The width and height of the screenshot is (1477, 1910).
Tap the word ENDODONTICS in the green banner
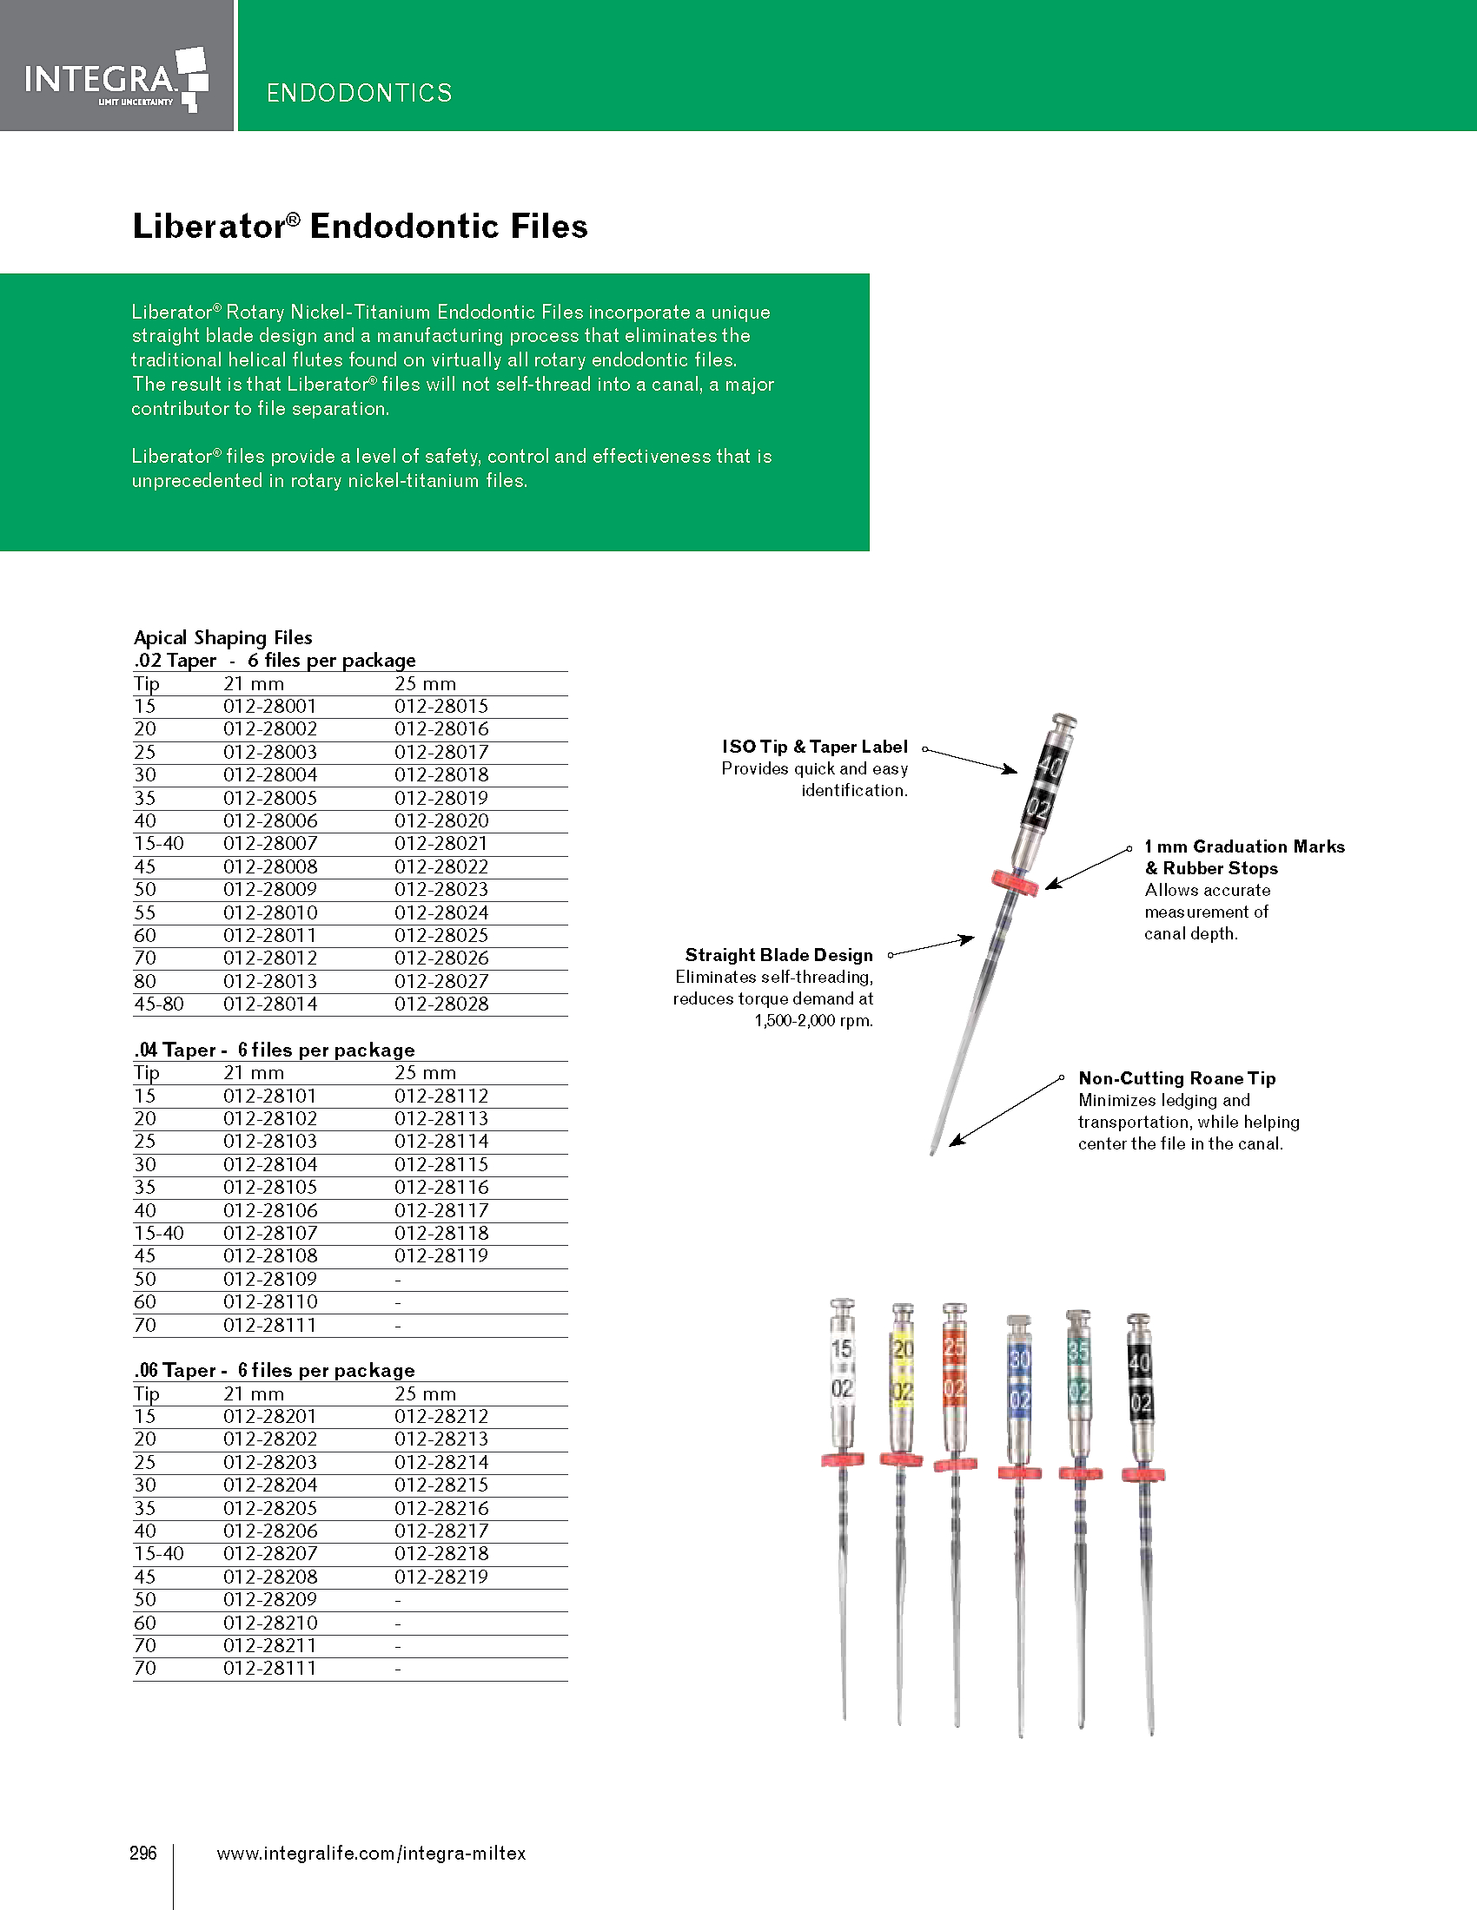pos(359,93)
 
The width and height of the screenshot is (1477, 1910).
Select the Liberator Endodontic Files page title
pos(360,227)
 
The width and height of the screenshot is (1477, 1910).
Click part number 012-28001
pos(269,706)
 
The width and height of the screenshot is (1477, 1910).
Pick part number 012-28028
pos(441,1004)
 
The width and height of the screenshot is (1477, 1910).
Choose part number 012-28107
pos(269,1233)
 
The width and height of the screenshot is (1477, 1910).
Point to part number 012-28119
pos(441,1256)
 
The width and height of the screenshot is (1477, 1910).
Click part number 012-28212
pos(441,1416)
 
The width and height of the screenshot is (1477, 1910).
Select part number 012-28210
pos(269,1623)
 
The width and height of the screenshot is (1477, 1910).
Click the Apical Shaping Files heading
pos(223,637)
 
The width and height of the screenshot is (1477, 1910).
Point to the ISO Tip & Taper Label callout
pos(815,747)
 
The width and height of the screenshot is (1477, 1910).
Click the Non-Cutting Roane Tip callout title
pos(1177,1078)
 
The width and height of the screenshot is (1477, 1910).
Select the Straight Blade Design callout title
pos(778,955)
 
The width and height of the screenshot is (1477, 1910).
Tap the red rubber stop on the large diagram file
pos(1015,882)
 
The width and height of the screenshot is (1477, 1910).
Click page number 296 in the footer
pos(143,1853)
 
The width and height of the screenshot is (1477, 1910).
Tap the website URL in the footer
pos(371,1853)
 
